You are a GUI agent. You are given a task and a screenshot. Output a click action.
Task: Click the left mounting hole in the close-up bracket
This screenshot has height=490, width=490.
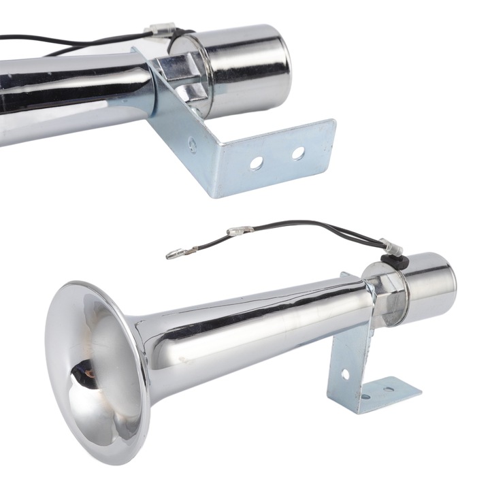pos(257,163)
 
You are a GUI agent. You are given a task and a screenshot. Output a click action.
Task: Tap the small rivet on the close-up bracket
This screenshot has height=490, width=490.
pos(193,144)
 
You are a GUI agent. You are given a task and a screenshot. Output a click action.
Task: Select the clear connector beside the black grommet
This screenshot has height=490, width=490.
pos(391,246)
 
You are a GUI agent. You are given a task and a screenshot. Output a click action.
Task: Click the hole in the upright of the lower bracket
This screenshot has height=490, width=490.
pos(345,374)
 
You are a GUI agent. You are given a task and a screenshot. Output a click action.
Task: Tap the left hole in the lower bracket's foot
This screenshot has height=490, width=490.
pos(366,396)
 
